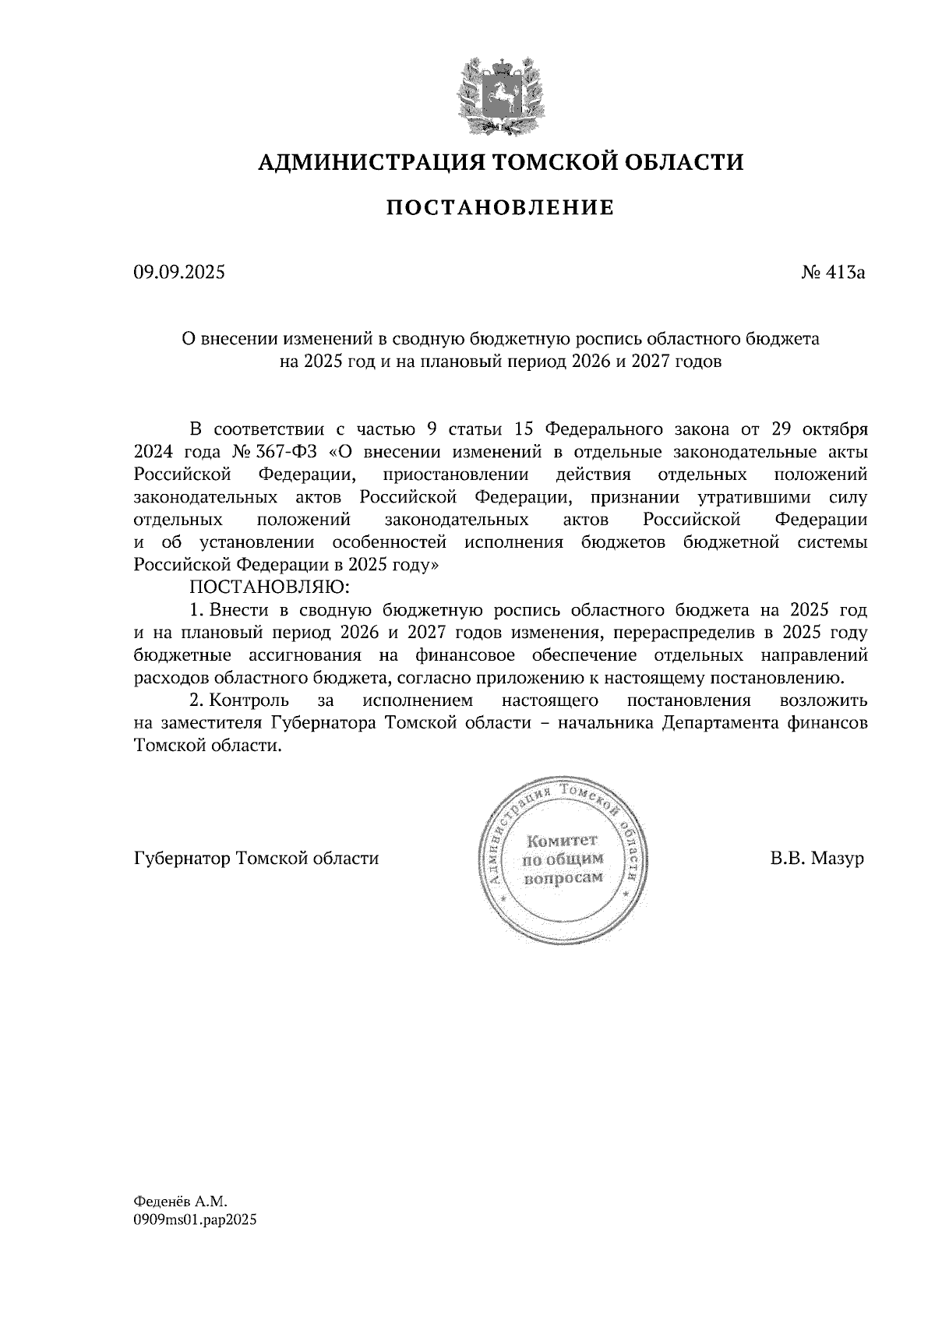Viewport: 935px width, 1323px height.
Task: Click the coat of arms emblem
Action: coord(499,92)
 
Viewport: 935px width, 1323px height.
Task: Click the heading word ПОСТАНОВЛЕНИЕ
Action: coord(499,208)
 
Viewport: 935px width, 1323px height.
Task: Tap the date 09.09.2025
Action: coord(178,273)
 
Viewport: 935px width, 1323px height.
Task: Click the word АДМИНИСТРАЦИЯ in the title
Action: coord(361,162)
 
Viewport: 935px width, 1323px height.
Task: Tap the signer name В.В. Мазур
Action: coord(817,859)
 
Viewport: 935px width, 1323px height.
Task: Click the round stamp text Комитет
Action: coord(562,841)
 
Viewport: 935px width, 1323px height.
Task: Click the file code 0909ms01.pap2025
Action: coord(195,1221)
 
